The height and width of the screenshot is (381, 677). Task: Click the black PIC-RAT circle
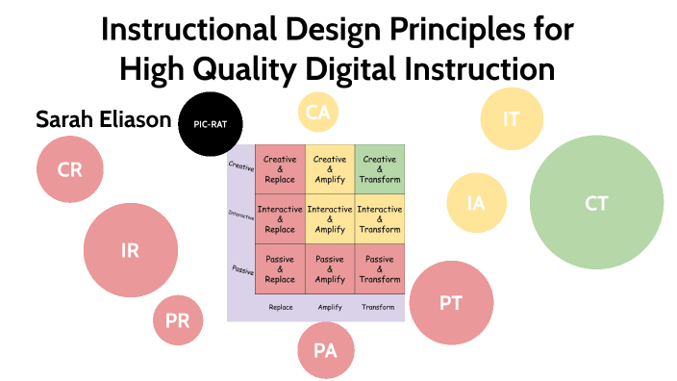(x=211, y=123)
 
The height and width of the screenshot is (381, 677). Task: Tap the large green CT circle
(x=596, y=203)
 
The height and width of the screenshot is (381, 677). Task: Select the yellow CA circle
(x=318, y=114)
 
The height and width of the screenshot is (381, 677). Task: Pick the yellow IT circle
(x=512, y=118)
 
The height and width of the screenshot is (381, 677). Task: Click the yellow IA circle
(x=476, y=204)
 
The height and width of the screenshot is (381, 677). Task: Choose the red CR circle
(x=69, y=169)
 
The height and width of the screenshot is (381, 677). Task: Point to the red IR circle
(x=131, y=251)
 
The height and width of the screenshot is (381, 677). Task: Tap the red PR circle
(x=178, y=321)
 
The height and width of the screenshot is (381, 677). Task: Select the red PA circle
(x=326, y=349)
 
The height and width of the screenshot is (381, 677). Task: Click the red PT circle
(x=451, y=302)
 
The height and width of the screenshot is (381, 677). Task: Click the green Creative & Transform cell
(x=380, y=169)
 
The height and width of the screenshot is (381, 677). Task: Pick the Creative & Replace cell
(x=280, y=169)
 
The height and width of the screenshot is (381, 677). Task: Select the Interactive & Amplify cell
(x=330, y=219)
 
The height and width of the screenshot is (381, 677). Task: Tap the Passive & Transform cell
(x=380, y=269)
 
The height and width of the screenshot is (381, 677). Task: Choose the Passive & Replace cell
(x=280, y=269)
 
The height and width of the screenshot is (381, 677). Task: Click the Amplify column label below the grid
(x=330, y=307)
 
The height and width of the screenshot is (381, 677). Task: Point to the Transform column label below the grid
(x=378, y=307)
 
